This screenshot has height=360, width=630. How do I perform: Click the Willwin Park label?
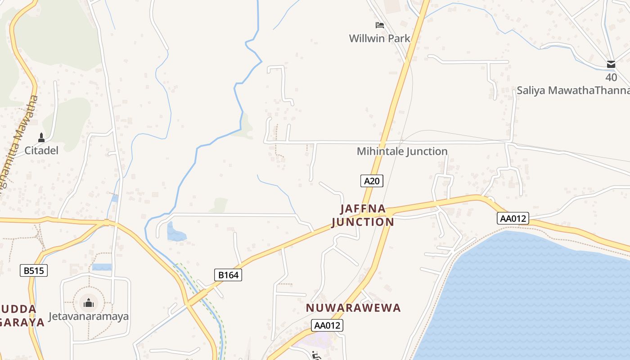tap(379, 38)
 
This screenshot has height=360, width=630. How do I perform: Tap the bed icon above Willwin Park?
tap(380, 25)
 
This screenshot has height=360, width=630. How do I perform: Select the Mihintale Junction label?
tap(402, 151)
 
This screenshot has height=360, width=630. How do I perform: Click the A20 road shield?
tap(372, 181)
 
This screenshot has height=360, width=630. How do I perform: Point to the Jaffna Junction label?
tap(363, 215)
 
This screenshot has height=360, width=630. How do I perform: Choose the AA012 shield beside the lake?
tap(513, 219)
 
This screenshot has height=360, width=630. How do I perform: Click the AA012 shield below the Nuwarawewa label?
tap(327, 325)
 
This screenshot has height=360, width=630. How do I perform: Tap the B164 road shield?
tap(228, 275)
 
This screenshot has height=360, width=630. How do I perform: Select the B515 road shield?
tap(34, 270)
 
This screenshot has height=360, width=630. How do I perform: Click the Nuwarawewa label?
tap(353, 308)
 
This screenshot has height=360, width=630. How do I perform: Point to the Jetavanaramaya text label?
tap(89, 316)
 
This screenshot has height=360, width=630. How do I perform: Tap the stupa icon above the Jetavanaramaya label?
tap(89, 302)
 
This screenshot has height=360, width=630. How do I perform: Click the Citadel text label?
tap(41, 150)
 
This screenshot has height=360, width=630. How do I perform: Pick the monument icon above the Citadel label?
tap(41, 137)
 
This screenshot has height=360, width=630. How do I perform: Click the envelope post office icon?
tap(611, 64)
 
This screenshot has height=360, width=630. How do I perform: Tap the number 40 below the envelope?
tap(611, 77)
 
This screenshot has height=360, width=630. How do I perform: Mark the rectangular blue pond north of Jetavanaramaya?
tap(102, 267)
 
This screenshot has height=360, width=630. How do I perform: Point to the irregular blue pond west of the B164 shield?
tap(175, 232)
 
